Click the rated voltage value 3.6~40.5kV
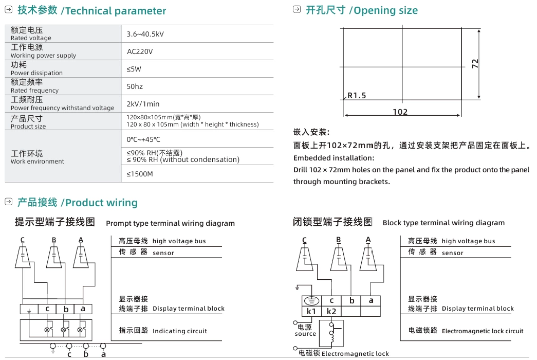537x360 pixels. pyautogui.click(x=145, y=34)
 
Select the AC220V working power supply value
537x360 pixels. pyautogui.click(x=140, y=51)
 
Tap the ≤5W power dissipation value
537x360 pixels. pyautogui.click(x=134, y=69)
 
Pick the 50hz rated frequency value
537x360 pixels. pyautogui.click(x=135, y=86)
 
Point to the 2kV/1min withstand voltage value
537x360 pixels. pyautogui.click(x=143, y=104)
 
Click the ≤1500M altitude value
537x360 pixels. pyautogui.click(x=140, y=174)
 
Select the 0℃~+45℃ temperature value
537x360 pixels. pyautogui.click(x=143, y=139)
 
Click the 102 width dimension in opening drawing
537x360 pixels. pyautogui.click(x=400, y=112)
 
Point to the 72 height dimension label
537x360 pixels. pyautogui.click(x=475, y=63)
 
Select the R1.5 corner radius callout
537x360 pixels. pyautogui.click(x=357, y=96)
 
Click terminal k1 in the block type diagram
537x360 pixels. pyautogui.click(x=311, y=311)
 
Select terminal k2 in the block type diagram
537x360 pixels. pyautogui.click(x=331, y=311)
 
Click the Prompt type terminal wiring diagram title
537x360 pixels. pyautogui.click(x=170, y=223)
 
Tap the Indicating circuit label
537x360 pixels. pyautogui.click(x=179, y=331)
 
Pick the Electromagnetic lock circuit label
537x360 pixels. pyautogui.click(x=483, y=331)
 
